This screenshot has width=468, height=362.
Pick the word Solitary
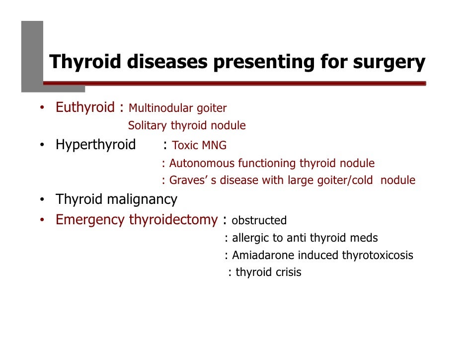coord(147,126)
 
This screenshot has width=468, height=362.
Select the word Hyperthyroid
coord(95,145)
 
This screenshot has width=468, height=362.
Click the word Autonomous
coord(202,163)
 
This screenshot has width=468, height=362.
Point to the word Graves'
coord(187,180)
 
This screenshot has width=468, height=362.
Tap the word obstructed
coord(259,220)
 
